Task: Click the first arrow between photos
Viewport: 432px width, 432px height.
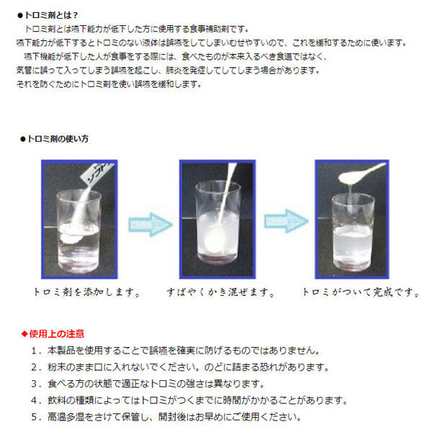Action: click(x=150, y=222)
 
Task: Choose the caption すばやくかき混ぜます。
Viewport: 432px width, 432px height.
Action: click(x=217, y=293)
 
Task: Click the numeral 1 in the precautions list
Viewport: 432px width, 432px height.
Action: click(x=35, y=351)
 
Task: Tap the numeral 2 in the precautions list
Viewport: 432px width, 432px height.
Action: click(x=35, y=367)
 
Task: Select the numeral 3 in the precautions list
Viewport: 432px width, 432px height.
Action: click(x=35, y=384)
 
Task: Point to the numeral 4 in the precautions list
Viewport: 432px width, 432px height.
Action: click(x=35, y=400)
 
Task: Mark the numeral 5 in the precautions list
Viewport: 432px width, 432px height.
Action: click(x=35, y=417)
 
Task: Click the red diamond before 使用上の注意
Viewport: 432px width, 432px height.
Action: click(x=24, y=333)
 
